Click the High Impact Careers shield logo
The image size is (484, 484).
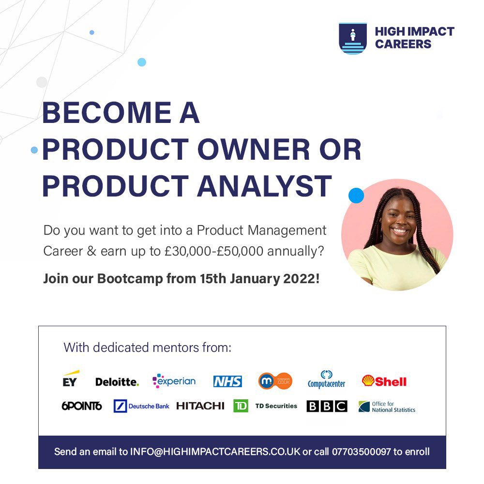tap(352, 38)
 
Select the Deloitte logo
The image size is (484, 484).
tap(117, 382)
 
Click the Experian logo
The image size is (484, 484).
tap(174, 381)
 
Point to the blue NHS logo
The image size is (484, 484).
tap(227, 381)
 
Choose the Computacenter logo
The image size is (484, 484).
tap(326, 380)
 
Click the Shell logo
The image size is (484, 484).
tap(384, 381)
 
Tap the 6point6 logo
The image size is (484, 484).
tap(82, 406)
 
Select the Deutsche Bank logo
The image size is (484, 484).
tap(141, 406)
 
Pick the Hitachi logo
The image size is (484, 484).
tap(200, 406)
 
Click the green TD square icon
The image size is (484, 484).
tap(241, 406)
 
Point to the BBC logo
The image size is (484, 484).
tap(327, 406)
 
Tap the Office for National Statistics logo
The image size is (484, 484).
tap(387, 407)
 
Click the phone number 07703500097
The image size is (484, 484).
tap(361, 452)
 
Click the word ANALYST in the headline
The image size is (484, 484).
tap(264, 186)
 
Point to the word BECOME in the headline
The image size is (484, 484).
tap(99, 113)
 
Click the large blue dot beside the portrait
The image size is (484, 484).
tap(356, 196)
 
